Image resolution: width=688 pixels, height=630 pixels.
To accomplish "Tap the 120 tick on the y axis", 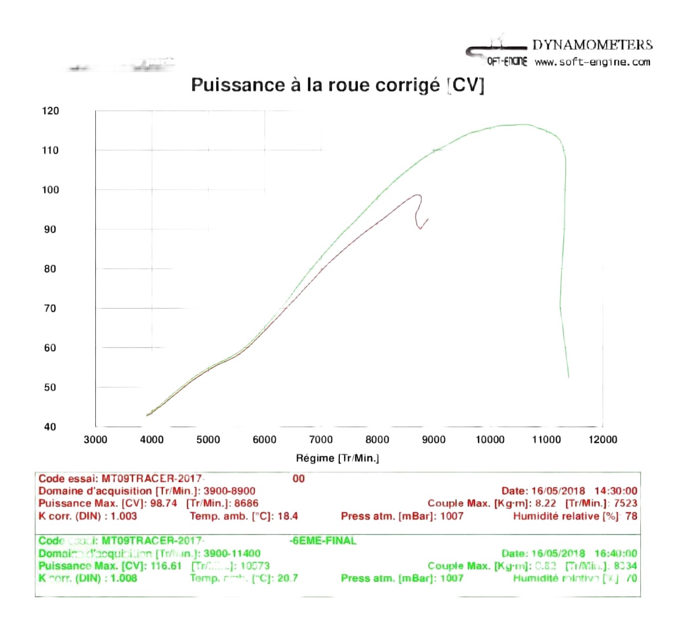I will [x=50, y=111].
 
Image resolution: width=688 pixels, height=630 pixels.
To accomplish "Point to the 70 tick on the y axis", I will [x=50, y=308].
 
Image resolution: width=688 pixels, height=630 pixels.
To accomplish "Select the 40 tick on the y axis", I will [x=50, y=427].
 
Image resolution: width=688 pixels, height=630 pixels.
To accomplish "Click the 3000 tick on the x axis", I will [x=95, y=440].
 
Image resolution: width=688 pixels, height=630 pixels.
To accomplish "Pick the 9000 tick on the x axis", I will [x=434, y=440].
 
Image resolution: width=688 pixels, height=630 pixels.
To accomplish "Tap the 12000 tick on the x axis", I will [x=603, y=440].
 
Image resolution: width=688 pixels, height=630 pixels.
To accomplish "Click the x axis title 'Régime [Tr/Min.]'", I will [x=337, y=458].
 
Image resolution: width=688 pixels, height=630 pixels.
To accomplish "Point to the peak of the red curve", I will [x=418, y=195].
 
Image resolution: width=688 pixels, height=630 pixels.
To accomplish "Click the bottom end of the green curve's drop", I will [x=569, y=378].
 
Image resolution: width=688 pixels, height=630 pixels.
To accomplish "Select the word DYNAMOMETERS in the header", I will [x=592, y=45].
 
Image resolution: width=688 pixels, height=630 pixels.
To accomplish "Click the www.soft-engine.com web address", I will [x=592, y=62].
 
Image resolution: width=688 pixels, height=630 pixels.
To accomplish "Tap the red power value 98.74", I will [x=164, y=503].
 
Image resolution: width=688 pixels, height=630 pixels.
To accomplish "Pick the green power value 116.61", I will [x=166, y=566].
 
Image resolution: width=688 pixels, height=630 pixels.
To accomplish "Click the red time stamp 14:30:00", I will [x=616, y=491].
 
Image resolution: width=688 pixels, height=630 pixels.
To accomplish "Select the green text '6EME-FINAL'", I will [x=323, y=541].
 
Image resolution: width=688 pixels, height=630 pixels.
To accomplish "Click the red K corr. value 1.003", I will [x=124, y=516].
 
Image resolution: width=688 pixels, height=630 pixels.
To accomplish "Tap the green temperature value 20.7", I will [x=287, y=578].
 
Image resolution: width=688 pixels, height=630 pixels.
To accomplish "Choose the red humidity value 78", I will [x=631, y=516].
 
